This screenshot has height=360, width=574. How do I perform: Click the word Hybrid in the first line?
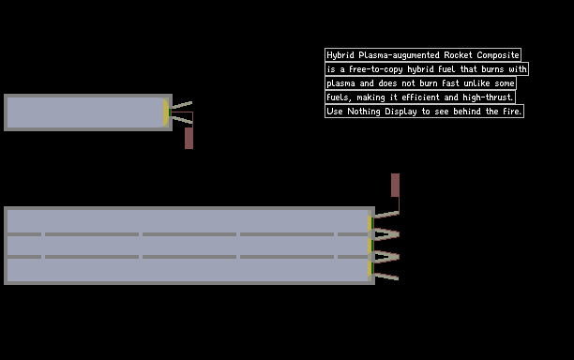(340, 55)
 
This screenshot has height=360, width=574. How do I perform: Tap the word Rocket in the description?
(458, 55)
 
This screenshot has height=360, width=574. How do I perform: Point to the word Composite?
(498, 55)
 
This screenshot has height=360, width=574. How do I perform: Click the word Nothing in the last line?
(364, 112)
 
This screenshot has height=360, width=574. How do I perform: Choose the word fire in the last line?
(512, 112)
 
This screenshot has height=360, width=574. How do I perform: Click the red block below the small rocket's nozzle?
(189, 138)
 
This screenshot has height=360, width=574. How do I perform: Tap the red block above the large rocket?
(396, 185)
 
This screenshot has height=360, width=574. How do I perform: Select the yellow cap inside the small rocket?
(166, 112)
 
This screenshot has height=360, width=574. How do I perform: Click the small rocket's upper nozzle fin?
(182, 105)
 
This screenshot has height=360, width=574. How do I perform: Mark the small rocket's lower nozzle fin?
(182, 119)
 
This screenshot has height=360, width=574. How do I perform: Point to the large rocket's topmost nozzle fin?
(387, 215)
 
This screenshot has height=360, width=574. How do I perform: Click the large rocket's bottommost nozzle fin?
(386, 277)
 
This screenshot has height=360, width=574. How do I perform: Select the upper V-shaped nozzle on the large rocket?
(385, 234)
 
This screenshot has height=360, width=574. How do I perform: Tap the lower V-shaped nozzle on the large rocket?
(385, 257)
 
